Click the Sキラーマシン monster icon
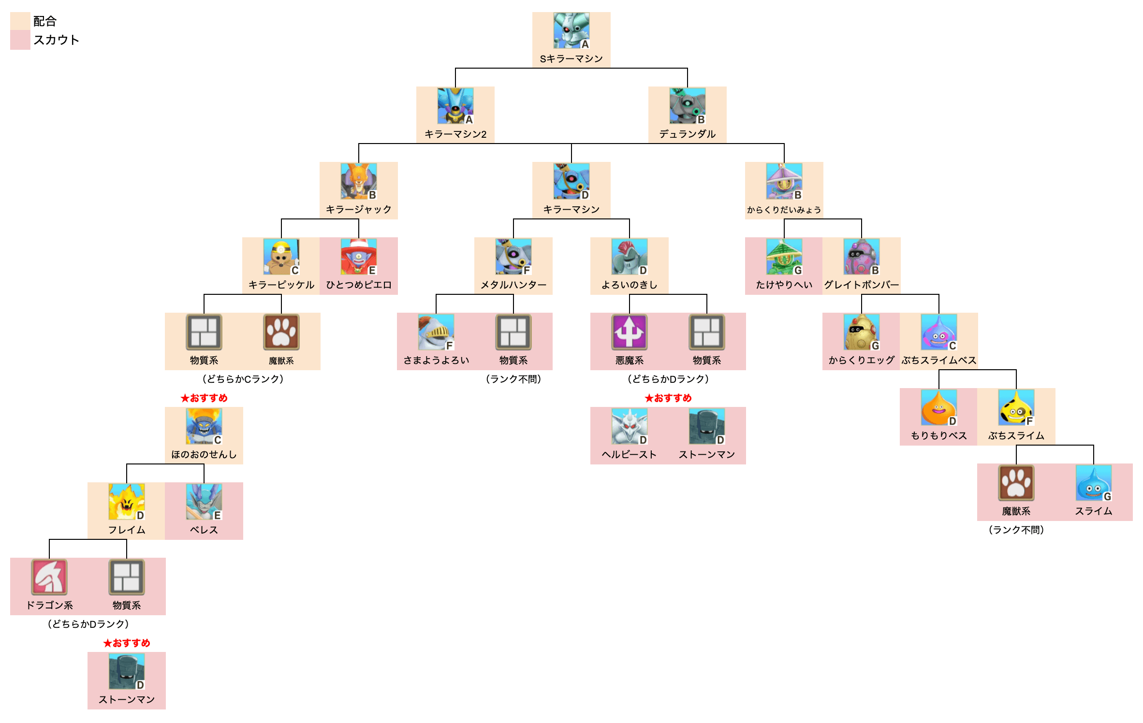[571, 30]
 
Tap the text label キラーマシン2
[455, 134]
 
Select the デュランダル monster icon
[687, 106]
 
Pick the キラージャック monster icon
[358, 181]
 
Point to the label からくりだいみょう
[784, 210]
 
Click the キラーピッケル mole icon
[281, 257]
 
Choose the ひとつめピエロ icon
[358, 257]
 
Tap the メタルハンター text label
[513, 285]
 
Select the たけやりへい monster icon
[784, 257]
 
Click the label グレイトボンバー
[861, 285]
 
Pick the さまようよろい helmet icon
[436, 332]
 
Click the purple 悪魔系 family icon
[629, 332]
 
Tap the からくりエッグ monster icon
[861, 332]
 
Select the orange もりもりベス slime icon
[938, 407]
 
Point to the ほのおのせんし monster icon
[204, 426]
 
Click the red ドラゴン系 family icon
[49, 577]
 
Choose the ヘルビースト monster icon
[629, 426]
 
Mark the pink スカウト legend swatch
[20, 40]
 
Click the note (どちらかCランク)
[243, 379]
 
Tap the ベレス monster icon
[204, 502]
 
